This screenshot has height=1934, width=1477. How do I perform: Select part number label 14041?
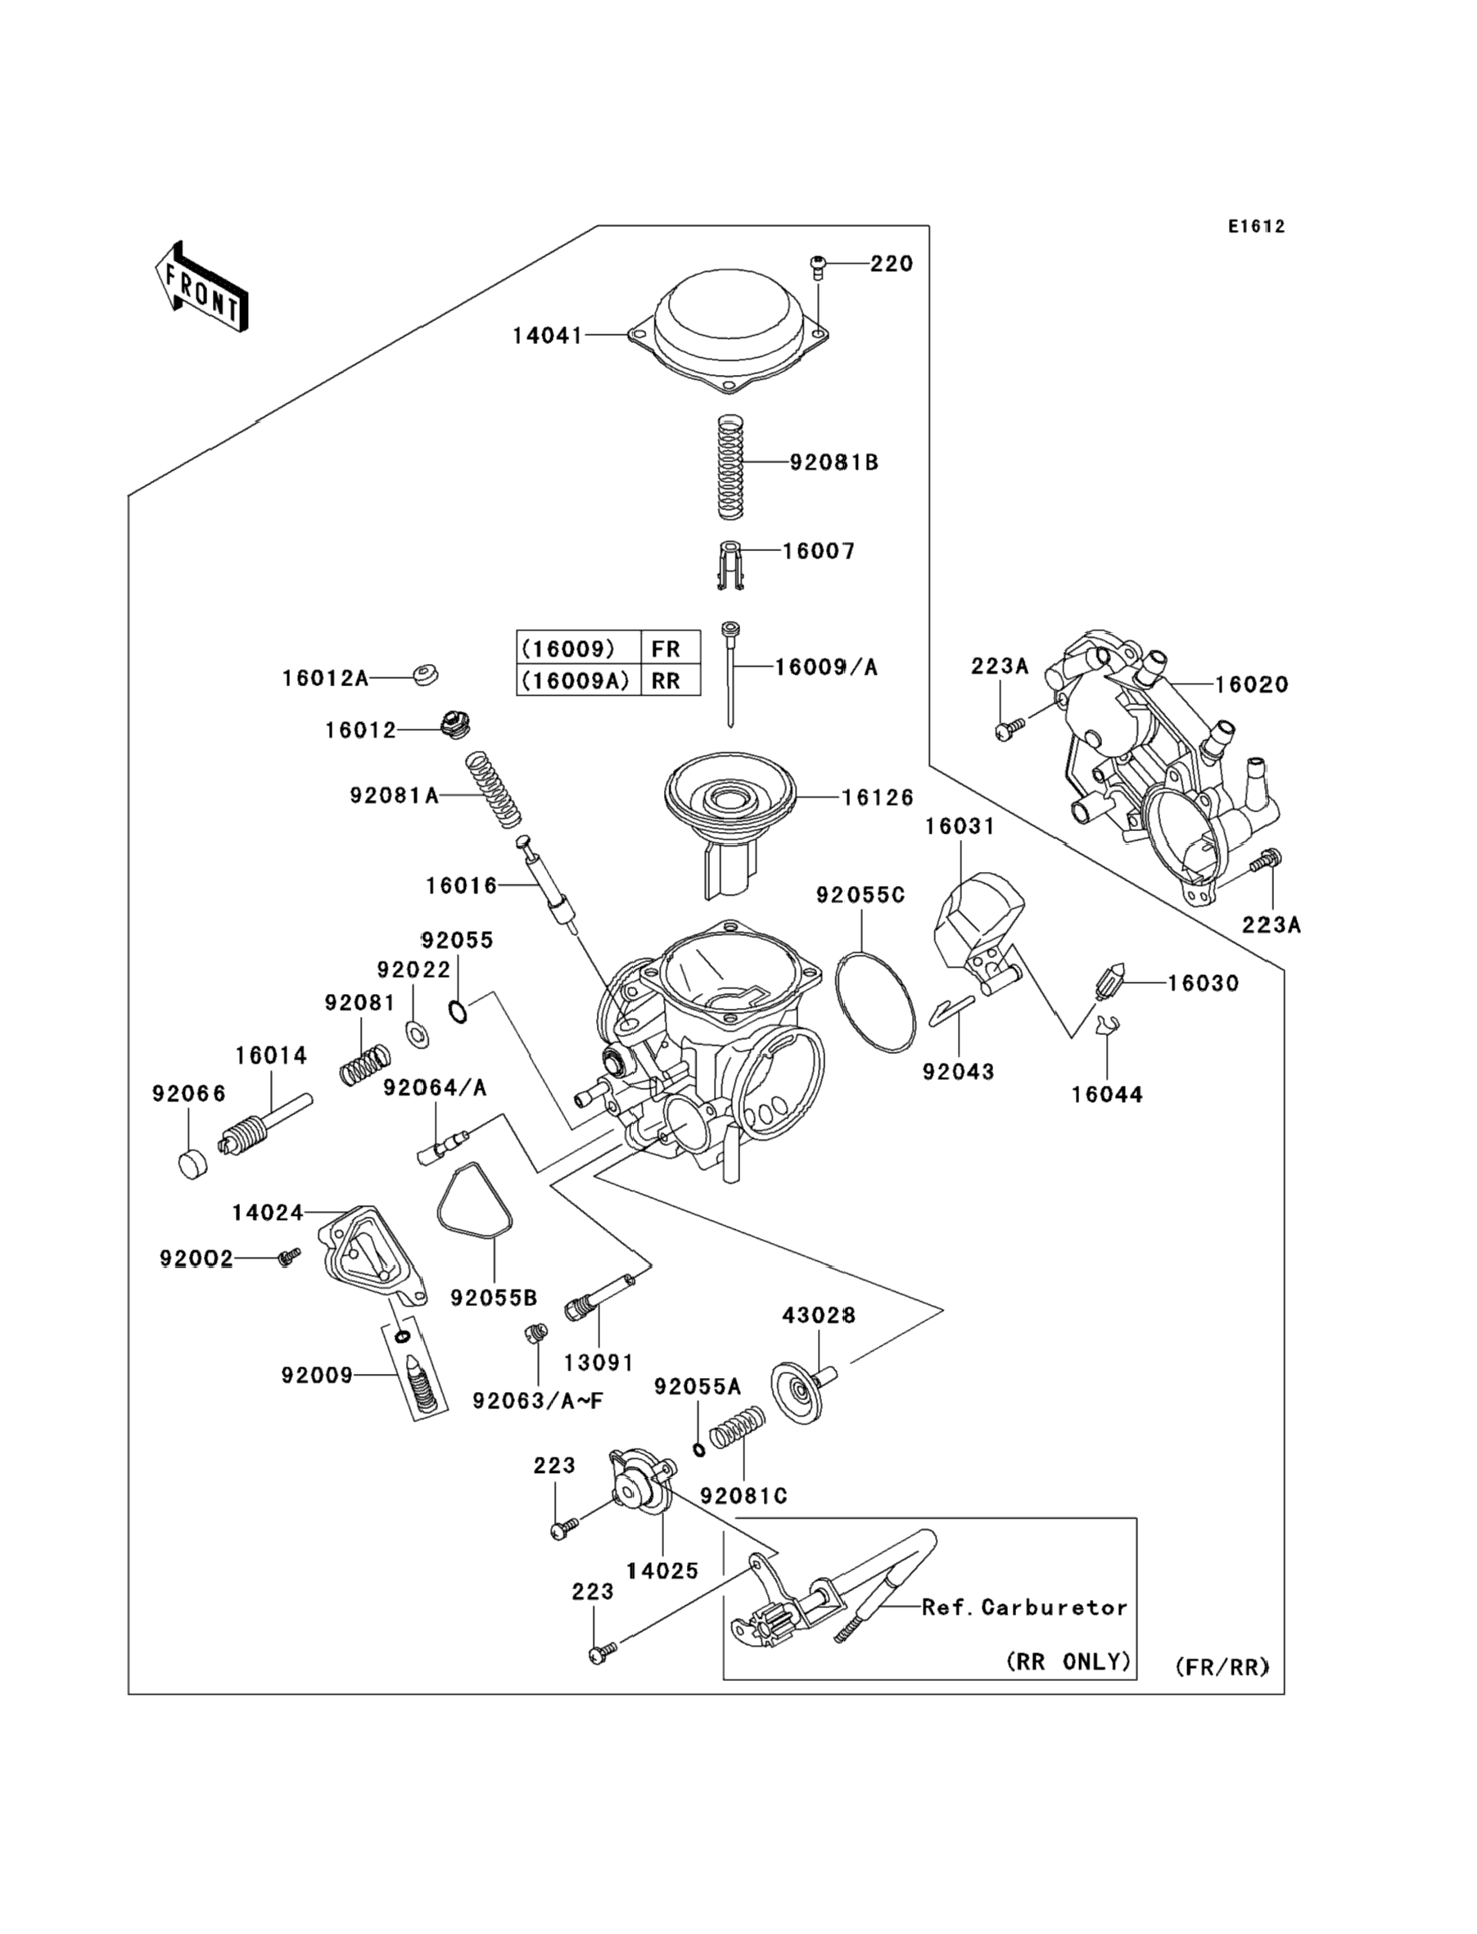click(x=547, y=335)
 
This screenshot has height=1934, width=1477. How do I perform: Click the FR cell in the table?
click(x=666, y=648)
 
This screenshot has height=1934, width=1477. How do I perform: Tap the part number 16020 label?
click(x=1252, y=684)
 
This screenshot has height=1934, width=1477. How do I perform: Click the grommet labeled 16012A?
click(x=426, y=676)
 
